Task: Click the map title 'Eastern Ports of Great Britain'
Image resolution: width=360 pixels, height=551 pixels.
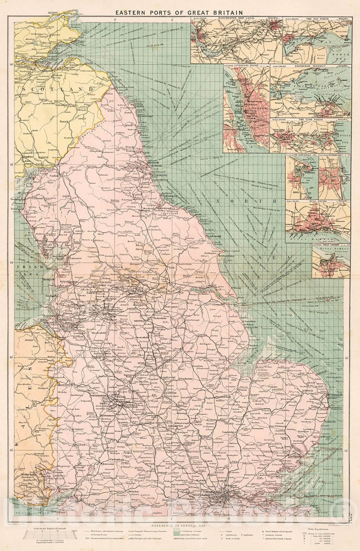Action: [180, 11]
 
